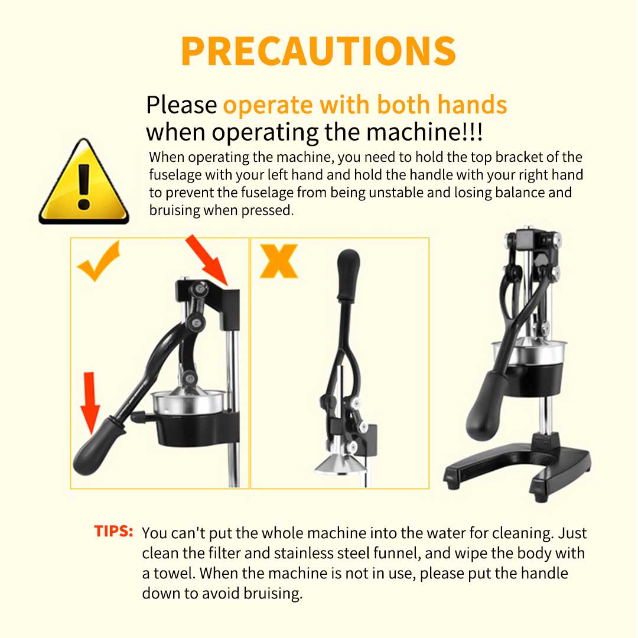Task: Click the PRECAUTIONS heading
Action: pyautogui.click(x=318, y=51)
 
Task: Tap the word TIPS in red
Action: pyautogui.click(x=113, y=530)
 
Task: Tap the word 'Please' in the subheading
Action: pyautogui.click(x=181, y=105)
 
